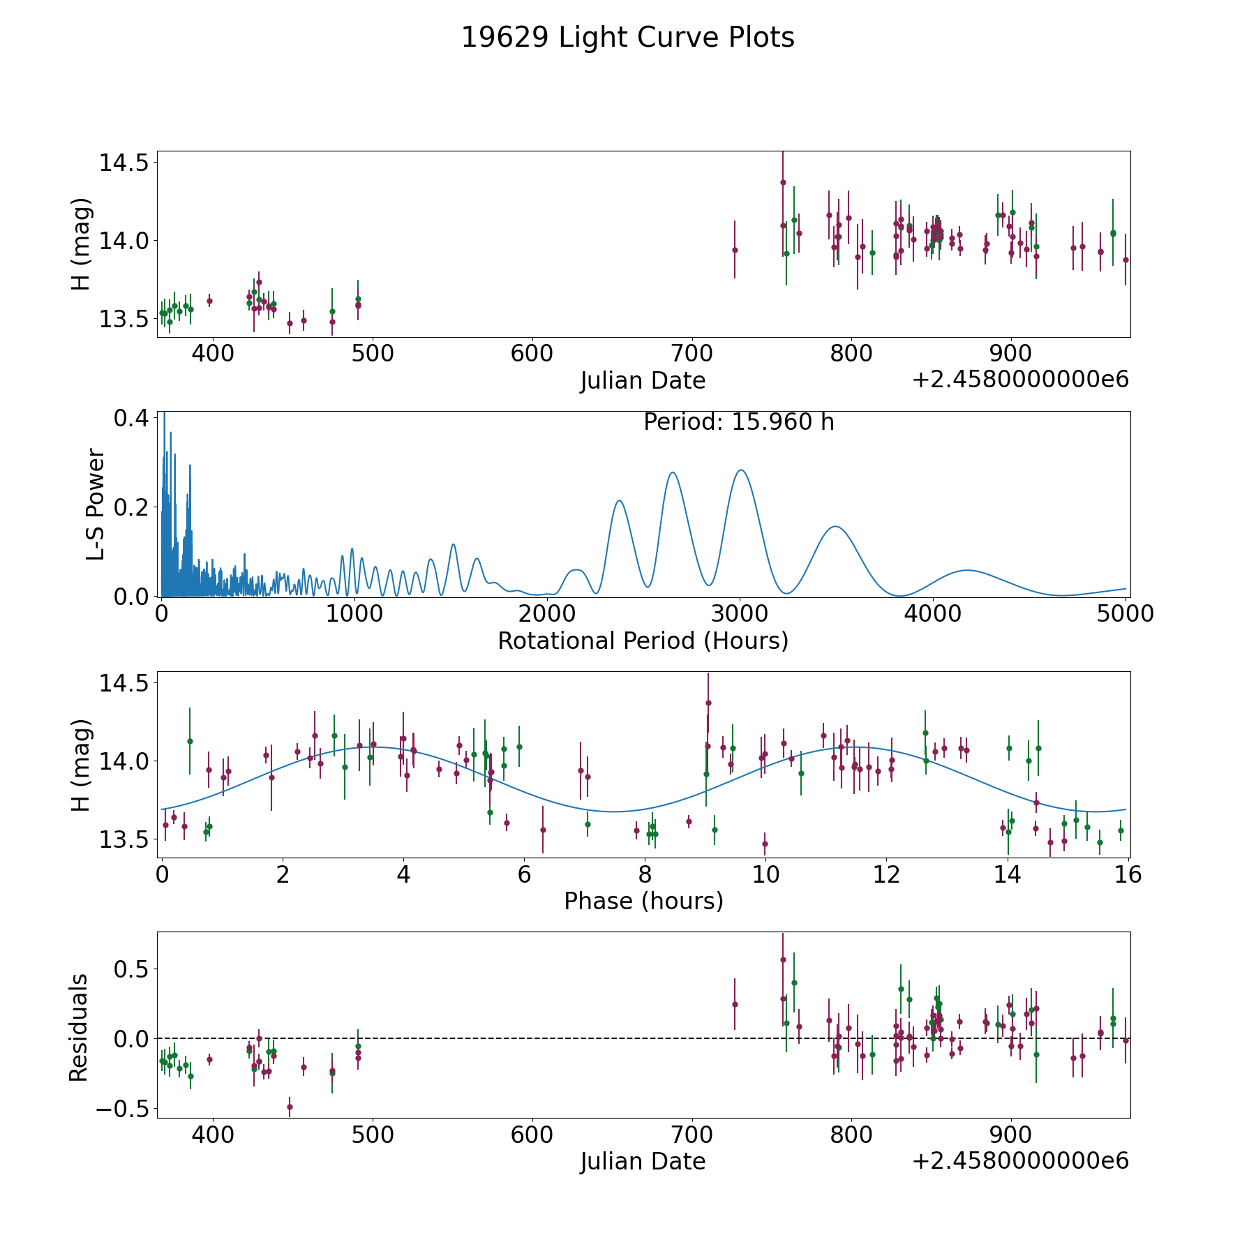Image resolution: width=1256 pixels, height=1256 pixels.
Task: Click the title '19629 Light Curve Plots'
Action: pyautogui.click(x=628, y=38)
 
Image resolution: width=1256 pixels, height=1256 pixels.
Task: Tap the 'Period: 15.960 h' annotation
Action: pyautogui.click(x=739, y=422)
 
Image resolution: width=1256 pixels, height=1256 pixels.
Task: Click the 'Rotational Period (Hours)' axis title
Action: pyautogui.click(x=643, y=641)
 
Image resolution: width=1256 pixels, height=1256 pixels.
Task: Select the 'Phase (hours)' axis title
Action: pyautogui.click(x=643, y=902)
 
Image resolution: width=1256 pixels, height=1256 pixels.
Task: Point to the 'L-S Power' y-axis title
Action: pyautogui.click(x=96, y=504)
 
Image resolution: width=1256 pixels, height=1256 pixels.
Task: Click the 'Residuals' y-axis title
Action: pyautogui.click(x=78, y=1027)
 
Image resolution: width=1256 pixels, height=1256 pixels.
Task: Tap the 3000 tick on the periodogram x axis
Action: pyautogui.click(x=740, y=613)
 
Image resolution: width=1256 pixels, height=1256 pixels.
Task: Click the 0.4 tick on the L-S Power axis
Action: pyautogui.click(x=131, y=418)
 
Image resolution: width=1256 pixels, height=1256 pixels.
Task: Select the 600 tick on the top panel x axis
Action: pyautogui.click(x=532, y=353)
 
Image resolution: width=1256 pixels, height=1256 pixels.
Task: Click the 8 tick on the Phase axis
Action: pyautogui.click(x=645, y=874)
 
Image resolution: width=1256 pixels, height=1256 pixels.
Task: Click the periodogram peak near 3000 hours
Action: pyautogui.click(x=740, y=470)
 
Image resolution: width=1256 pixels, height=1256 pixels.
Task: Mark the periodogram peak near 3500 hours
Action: pyautogui.click(x=835, y=526)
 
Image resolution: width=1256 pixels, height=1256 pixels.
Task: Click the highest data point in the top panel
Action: pyautogui.click(x=783, y=183)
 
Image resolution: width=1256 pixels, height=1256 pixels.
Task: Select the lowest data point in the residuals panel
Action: pyautogui.click(x=290, y=1107)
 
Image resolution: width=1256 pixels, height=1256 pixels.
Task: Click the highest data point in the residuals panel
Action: pyautogui.click(x=783, y=959)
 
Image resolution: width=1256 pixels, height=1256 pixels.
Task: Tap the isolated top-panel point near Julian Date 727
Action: pyautogui.click(x=735, y=250)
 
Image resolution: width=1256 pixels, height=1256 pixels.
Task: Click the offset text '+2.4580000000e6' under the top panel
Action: pyautogui.click(x=1021, y=380)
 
